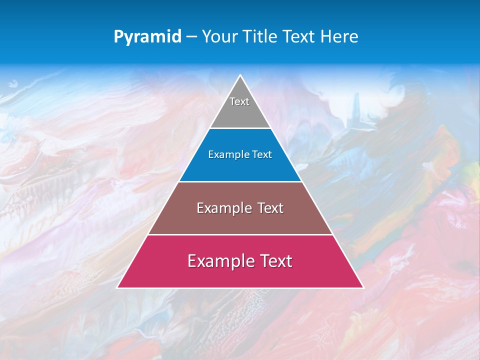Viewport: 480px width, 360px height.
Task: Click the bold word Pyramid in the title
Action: click(147, 37)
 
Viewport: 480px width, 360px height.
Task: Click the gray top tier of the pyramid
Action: click(240, 112)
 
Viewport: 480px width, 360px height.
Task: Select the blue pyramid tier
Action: click(240, 167)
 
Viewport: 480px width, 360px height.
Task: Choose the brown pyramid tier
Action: click(240, 220)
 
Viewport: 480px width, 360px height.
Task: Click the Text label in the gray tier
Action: click(239, 101)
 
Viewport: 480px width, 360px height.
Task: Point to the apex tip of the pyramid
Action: click(240, 76)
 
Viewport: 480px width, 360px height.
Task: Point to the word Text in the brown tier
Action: click(270, 208)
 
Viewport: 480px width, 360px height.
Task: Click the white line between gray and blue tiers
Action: click(240, 128)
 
